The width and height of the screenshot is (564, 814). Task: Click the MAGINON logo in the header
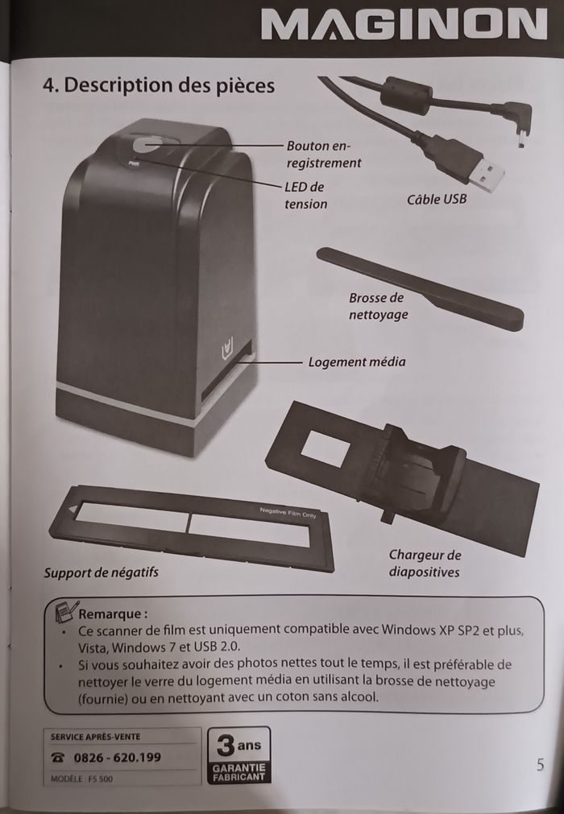click(x=404, y=24)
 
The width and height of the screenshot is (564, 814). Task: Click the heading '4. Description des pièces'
click(x=159, y=85)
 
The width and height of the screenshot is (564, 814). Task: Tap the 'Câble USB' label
click(x=436, y=199)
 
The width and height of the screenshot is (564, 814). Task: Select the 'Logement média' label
click(x=357, y=362)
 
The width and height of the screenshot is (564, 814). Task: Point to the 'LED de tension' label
click(x=306, y=195)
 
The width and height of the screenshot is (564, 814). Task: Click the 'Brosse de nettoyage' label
click(x=378, y=306)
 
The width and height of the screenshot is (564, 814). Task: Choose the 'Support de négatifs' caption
click(x=101, y=572)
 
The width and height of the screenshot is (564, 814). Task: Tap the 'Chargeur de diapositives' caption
click(x=425, y=564)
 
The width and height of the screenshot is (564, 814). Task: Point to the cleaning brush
click(x=420, y=288)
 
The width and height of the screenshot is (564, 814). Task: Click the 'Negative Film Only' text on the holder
click(x=288, y=513)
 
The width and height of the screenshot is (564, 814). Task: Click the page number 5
click(x=540, y=764)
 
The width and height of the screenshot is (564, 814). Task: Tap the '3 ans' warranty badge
click(x=239, y=754)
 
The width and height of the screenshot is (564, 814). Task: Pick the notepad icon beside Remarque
click(x=66, y=612)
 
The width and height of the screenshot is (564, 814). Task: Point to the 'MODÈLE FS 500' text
click(x=81, y=779)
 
